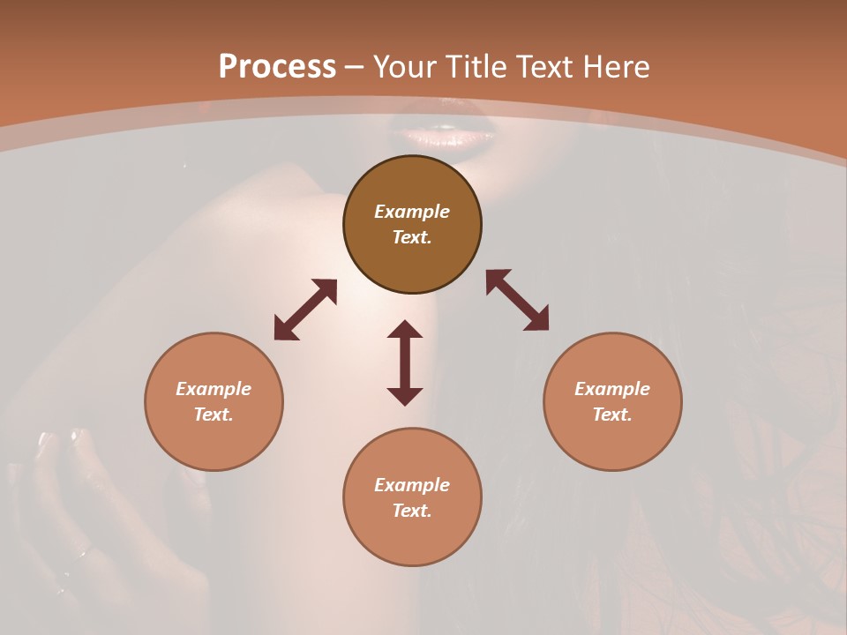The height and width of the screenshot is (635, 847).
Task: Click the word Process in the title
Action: (277, 67)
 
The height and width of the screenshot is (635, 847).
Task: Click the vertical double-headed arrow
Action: (405, 362)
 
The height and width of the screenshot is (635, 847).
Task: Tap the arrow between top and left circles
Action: (305, 310)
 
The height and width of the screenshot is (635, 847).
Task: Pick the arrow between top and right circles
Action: (517, 300)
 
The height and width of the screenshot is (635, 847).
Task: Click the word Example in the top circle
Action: (412, 212)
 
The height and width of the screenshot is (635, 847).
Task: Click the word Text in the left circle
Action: (214, 415)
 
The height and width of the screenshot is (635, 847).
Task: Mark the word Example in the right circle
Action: (612, 389)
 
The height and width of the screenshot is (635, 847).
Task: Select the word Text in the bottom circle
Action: (412, 511)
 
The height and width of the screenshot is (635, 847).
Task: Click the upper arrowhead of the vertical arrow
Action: (405, 330)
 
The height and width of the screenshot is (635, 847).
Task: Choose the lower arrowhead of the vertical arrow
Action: (405, 396)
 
